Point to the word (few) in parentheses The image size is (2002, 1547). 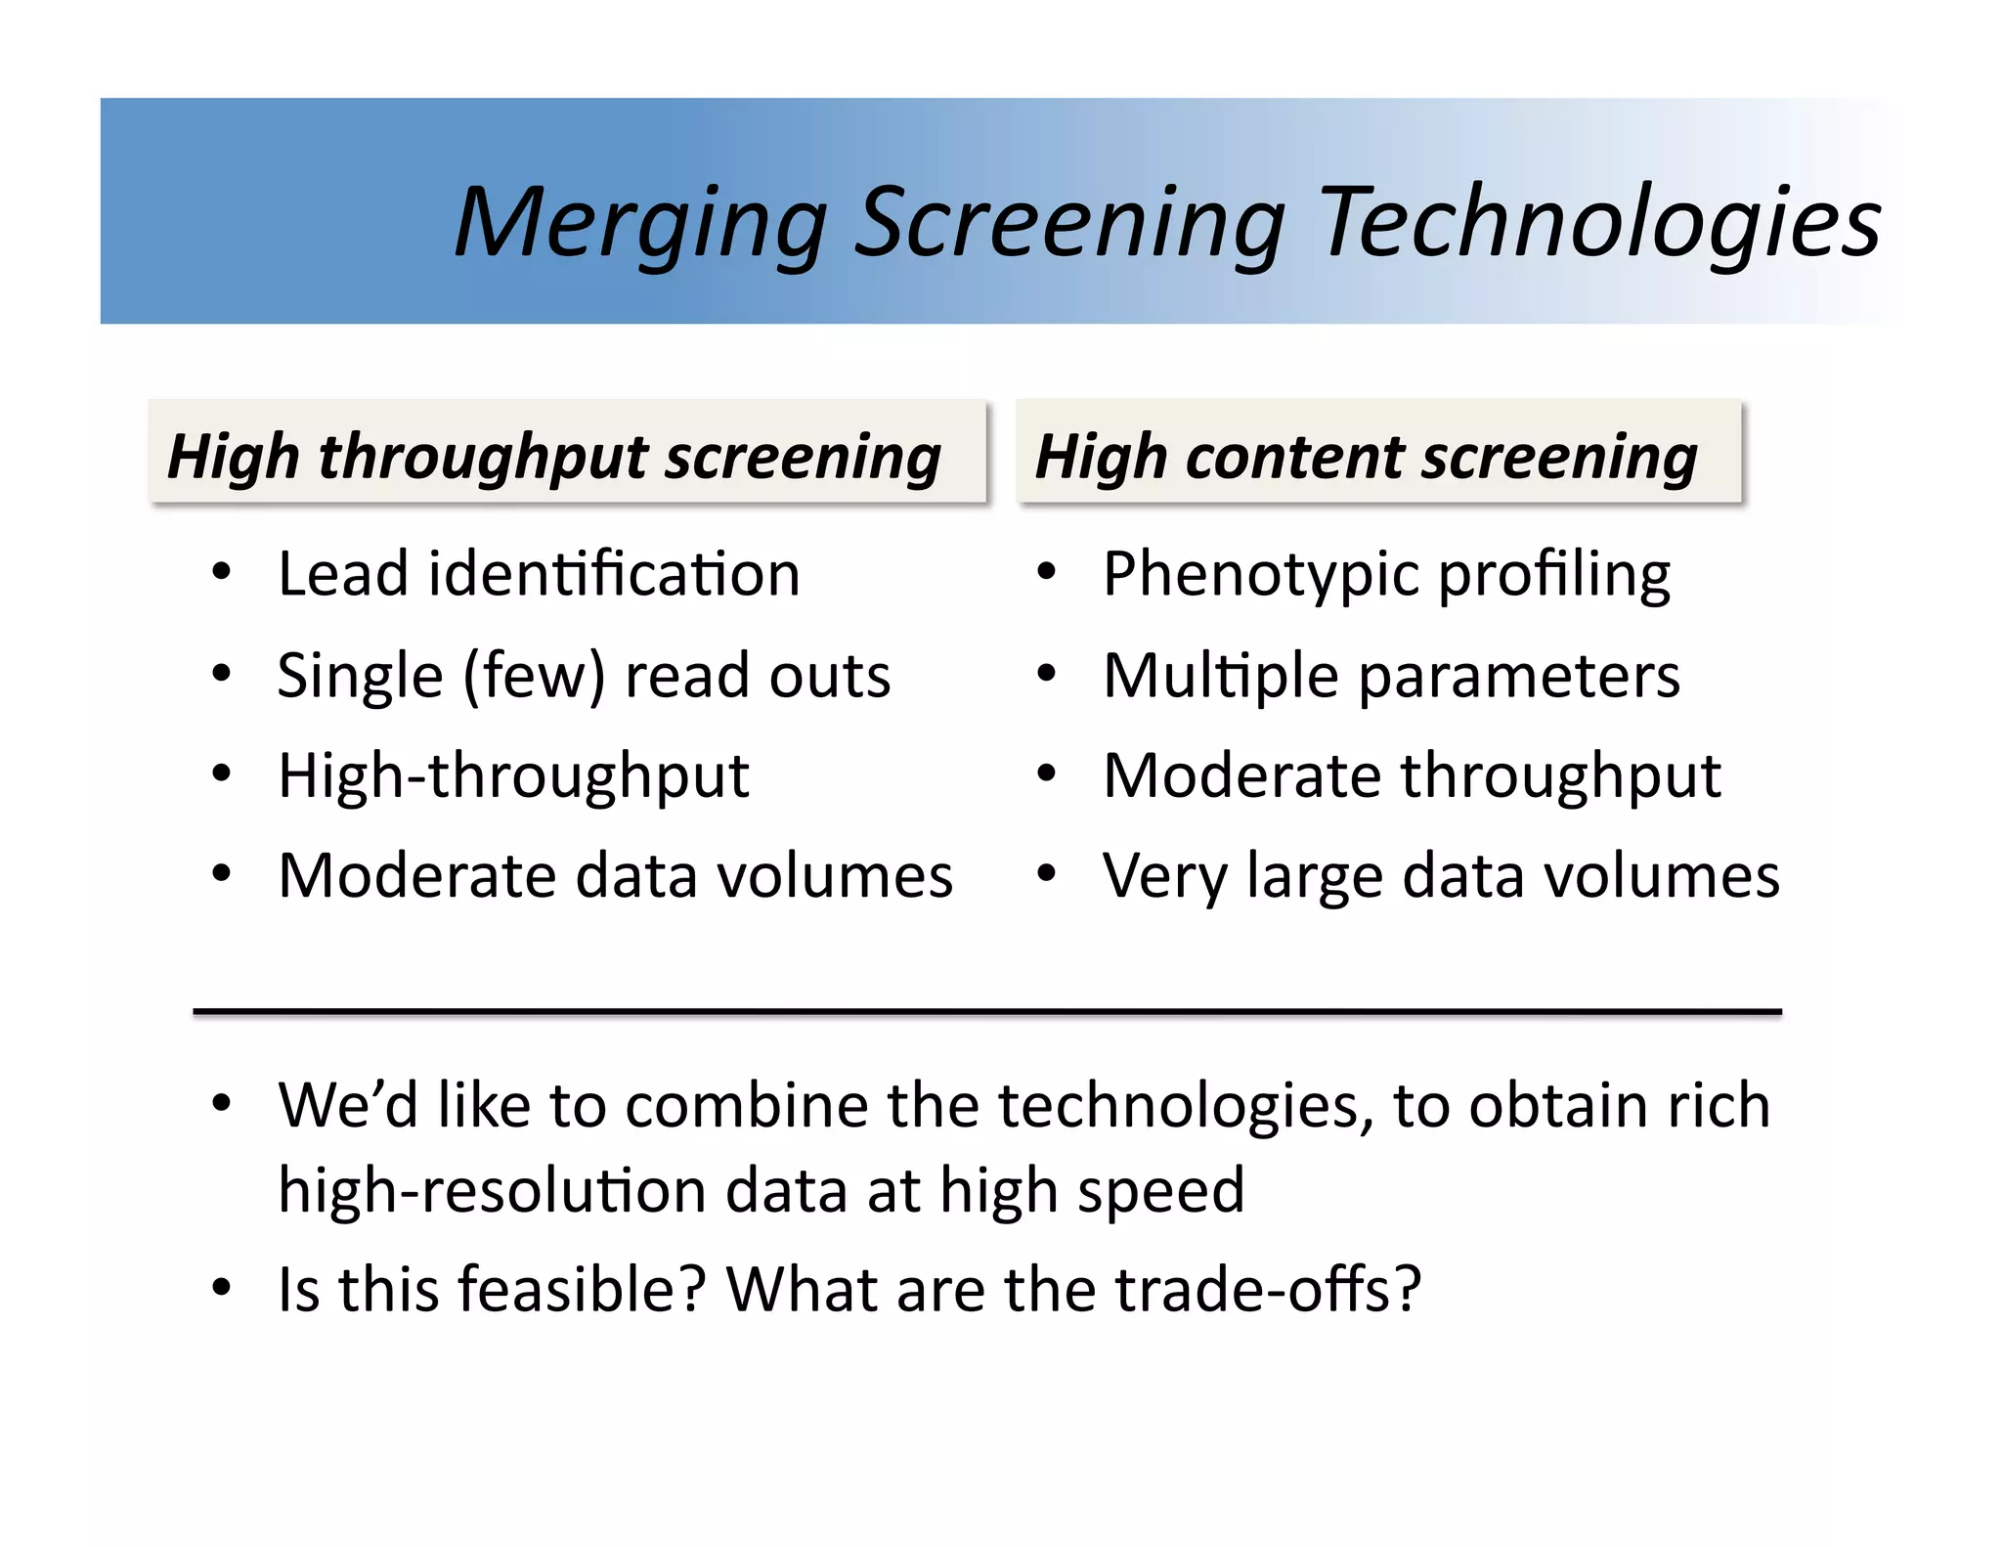pos(534,676)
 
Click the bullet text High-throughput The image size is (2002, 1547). pos(513,776)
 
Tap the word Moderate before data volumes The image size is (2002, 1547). pos(415,875)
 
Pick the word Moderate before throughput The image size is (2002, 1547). pos(1241,776)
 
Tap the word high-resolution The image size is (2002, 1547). pos(492,1191)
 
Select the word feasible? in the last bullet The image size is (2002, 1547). pos(581,1289)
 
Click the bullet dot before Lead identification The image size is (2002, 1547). pos(222,572)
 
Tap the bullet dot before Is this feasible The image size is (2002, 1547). pos(222,1288)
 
